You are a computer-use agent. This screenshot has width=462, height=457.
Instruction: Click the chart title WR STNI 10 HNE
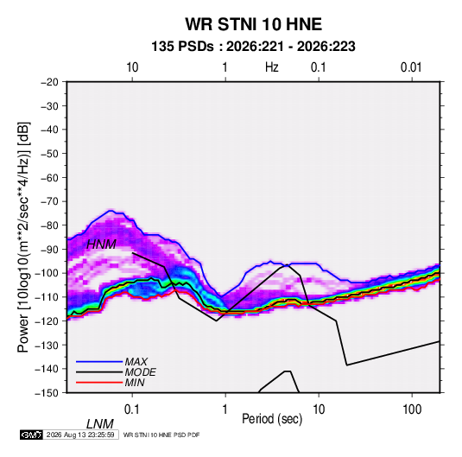pos(253,24)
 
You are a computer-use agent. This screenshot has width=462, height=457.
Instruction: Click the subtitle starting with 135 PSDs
pos(253,47)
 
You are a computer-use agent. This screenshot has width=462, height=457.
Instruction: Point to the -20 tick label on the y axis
pos(49,82)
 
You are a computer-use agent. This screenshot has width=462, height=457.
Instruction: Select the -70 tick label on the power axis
pos(49,201)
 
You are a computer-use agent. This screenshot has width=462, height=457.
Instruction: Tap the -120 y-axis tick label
pos(47,321)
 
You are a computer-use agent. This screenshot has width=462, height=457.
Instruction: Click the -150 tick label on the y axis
pos(47,393)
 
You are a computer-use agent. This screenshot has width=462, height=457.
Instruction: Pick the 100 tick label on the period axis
pos(412,409)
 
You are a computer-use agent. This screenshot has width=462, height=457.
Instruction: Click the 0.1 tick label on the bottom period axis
pos(132,409)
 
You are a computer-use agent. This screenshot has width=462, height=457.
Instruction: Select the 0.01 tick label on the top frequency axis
pos(411,67)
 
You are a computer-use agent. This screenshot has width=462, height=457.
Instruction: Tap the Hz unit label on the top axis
pos(272,67)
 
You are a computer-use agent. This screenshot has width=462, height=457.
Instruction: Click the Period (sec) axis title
pos(272,419)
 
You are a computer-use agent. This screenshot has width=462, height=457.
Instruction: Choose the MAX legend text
pos(136,362)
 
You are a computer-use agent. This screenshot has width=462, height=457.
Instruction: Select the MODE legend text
pos(140,372)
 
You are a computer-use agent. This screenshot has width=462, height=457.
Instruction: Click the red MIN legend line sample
pos(99,383)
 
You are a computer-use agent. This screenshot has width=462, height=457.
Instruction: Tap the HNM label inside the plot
pos(101,244)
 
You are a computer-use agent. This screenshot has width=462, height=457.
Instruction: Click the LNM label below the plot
pos(100,424)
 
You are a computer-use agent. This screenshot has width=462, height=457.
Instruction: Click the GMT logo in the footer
pos(32,435)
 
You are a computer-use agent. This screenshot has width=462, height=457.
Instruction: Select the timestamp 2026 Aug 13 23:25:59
pos(80,435)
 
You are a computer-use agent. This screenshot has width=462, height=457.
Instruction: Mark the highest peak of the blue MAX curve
pos(111,211)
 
